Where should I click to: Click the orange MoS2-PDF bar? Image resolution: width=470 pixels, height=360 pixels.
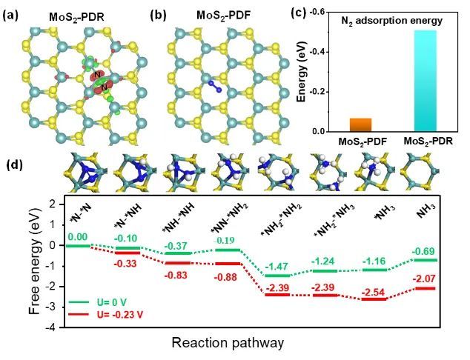pos(360,124)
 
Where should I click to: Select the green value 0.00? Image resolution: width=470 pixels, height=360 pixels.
pos(78,237)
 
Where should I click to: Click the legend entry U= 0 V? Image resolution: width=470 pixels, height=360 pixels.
pos(98,301)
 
